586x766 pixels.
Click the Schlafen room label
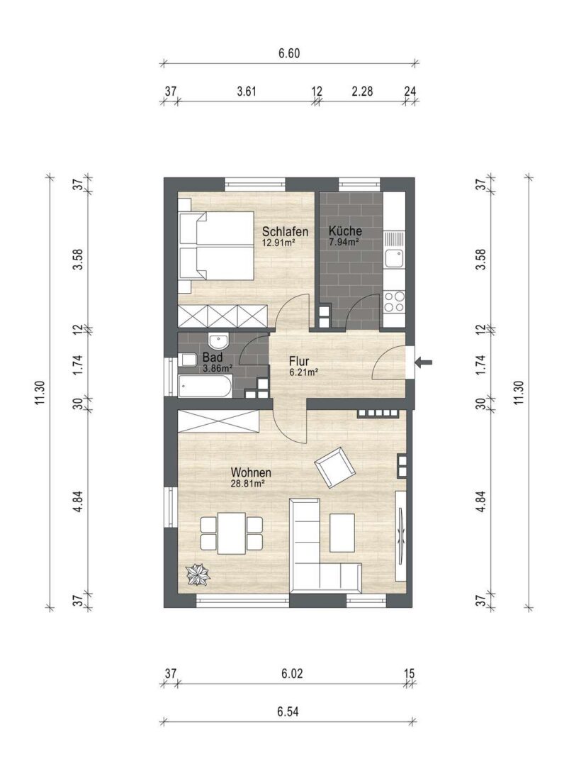[x=286, y=231]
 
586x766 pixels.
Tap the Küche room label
[x=345, y=231]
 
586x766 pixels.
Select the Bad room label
[x=213, y=357]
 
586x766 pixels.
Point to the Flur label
[x=298, y=362]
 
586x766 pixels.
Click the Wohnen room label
[x=251, y=472]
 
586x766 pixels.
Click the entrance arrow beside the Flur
[x=424, y=362]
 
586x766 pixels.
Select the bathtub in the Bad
[x=204, y=387]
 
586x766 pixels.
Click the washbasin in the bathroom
[x=218, y=340]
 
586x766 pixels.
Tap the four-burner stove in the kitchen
[x=394, y=301]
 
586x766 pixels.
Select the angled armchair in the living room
[x=335, y=467]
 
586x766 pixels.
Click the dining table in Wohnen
[x=232, y=533]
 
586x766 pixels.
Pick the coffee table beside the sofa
[x=342, y=533]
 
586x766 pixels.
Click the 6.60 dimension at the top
[x=289, y=52]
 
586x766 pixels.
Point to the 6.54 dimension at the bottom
[x=288, y=711]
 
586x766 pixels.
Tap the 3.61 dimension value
[x=247, y=91]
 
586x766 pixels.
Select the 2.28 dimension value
[x=362, y=91]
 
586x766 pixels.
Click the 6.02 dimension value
[x=292, y=674]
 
